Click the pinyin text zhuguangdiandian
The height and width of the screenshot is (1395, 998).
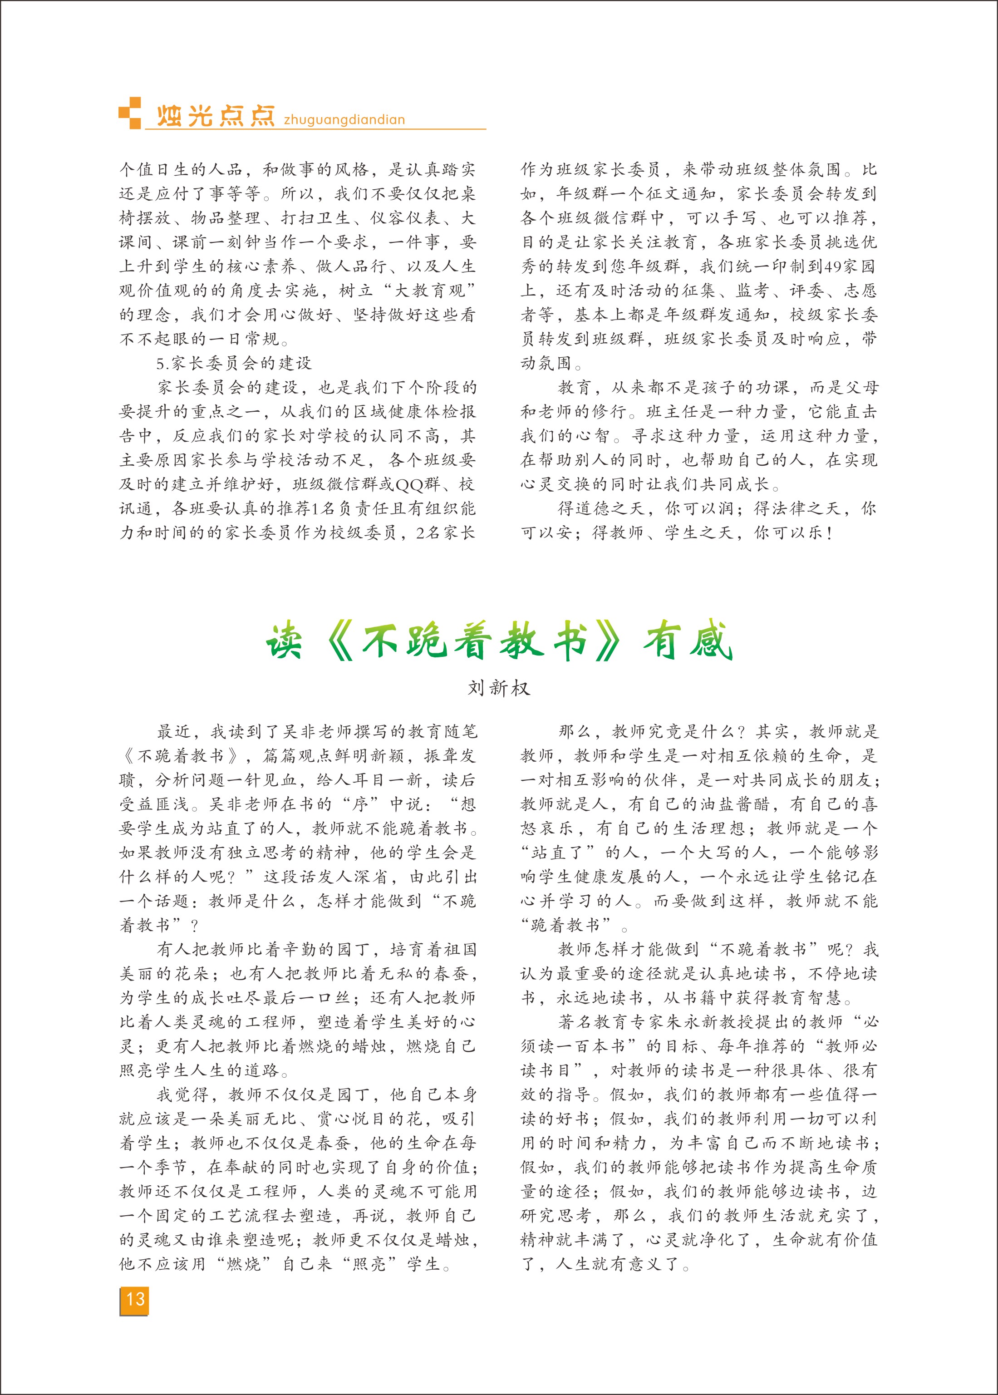(x=344, y=120)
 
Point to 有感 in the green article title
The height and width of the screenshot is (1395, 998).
(x=688, y=642)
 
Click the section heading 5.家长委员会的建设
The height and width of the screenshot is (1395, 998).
(x=234, y=364)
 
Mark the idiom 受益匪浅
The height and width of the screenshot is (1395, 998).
(x=154, y=804)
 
